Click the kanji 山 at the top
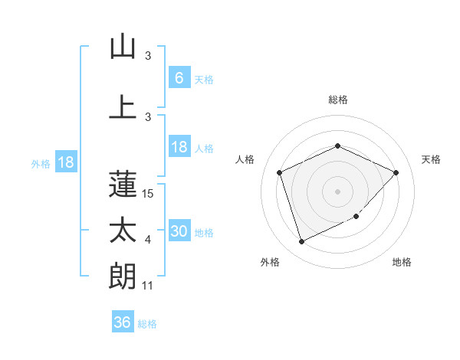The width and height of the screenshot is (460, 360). (123, 47)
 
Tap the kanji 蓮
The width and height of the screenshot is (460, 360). (123, 183)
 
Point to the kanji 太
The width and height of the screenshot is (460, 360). (123, 230)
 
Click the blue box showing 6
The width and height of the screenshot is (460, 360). (179, 77)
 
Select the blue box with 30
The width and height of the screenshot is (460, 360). (179, 232)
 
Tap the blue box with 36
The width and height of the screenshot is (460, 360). (123, 322)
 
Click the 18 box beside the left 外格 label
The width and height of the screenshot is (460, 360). (66, 162)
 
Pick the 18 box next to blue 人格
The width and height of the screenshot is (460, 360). (179, 147)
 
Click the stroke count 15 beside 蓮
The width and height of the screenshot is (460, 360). (149, 194)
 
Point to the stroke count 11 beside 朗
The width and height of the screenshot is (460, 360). (149, 286)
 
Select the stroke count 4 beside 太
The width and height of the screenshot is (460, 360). (149, 241)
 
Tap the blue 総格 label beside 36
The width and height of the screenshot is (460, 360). (147, 324)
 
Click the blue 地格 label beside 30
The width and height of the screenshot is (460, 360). (204, 233)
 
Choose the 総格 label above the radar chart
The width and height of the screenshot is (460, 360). (338, 100)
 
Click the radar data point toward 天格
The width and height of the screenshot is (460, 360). (396, 172)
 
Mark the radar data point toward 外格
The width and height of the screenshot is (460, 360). (301, 242)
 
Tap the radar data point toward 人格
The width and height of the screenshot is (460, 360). (280, 172)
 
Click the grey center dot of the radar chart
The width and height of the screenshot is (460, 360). (338, 191)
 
